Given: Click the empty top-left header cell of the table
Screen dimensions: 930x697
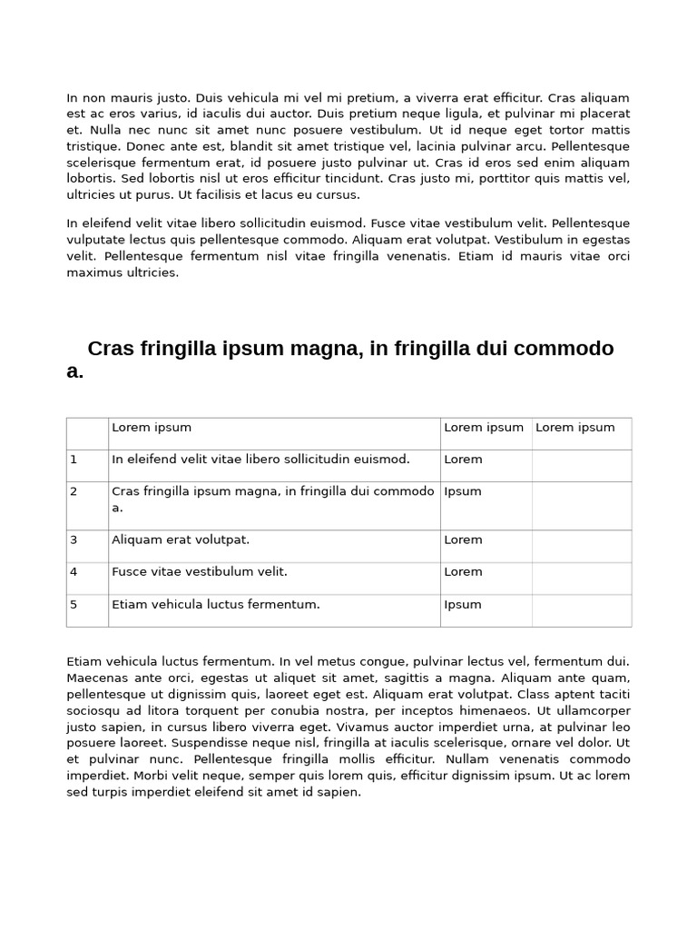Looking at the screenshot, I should click(x=87, y=433).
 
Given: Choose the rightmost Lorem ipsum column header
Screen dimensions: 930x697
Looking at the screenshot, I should click(x=575, y=428).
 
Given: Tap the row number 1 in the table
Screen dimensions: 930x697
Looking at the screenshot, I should click(x=74, y=460).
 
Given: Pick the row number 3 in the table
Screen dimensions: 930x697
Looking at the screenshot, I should click(x=74, y=539).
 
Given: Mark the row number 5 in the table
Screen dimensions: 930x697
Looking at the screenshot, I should click(x=74, y=605).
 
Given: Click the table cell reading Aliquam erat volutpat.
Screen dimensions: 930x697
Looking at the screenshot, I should click(x=180, y=539).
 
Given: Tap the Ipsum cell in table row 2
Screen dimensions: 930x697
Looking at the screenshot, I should click(x=463, y=491).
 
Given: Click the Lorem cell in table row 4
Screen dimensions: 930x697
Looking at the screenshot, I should click(x=463, y=572).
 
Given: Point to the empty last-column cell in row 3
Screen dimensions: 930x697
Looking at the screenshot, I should click(x=581, y=546).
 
